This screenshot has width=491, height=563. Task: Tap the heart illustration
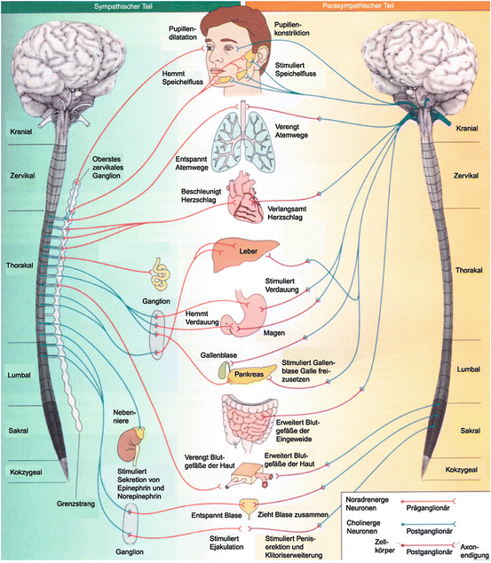(245, 198)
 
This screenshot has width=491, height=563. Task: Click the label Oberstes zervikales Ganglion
(107, 167)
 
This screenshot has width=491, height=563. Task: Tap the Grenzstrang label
(75, 504)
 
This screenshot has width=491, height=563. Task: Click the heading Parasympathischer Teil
(358, 6)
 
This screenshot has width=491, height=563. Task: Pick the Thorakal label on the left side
(20, 266)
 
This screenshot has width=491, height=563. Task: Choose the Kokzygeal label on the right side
(462, 470)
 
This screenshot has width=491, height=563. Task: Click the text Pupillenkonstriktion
(292, 28)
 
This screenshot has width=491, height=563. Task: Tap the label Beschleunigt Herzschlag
(201, 195)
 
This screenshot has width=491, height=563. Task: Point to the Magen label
(274, 333)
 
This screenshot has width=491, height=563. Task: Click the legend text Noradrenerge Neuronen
(368, 504)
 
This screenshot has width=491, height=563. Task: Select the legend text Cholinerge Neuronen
(363, 527)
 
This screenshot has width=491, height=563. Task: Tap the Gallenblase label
(218, 355)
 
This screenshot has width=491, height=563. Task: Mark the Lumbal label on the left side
(19, 375)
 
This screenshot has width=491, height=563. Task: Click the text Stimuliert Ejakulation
(226, 543)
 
